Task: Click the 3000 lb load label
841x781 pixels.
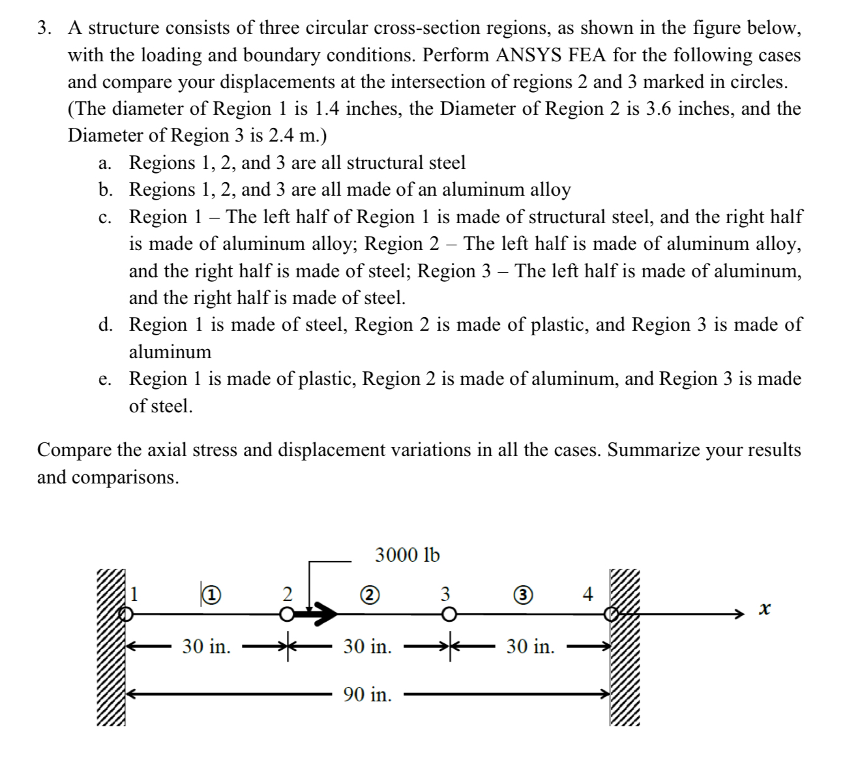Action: (x=407, y=555)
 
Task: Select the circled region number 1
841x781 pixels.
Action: (x=210, y=594)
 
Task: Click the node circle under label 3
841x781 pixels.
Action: (x=448, y=614)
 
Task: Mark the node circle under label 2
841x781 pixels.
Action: (x=286, y=614)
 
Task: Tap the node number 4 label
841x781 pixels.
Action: (x=587, y=594)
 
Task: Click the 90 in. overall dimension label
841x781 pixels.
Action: (x=368, y=695)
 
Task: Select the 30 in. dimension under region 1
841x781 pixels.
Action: (x=206, y=647)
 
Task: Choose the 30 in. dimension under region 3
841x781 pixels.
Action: (x=530, y=647)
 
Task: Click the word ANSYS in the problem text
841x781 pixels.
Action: (x=529, y=55)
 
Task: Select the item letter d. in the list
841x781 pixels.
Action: (x=104, y=325)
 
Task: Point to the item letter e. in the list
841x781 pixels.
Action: (x=104, y=379)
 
